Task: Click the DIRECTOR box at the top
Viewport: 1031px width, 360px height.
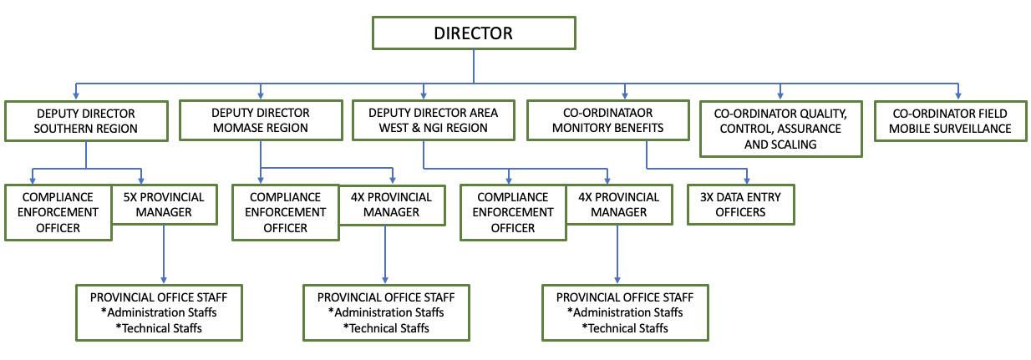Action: tap(474, 33)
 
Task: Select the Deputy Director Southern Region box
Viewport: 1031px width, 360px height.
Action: tap(86, 121)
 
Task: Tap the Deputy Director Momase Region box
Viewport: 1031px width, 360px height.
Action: tap(261, 120)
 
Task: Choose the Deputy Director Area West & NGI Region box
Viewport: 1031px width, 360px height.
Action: tap(433, 120)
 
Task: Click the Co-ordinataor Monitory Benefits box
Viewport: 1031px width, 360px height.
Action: tap(607, 120)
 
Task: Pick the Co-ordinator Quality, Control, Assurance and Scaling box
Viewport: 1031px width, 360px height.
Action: tap(780, 129)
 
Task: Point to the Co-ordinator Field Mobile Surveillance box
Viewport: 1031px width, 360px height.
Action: tap(950, 121)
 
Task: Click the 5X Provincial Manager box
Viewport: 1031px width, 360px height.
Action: tap(164, 205)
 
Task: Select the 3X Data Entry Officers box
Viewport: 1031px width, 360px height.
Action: tap(740, 205)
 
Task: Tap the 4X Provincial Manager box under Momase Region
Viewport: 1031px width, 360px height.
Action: tap(392, 205)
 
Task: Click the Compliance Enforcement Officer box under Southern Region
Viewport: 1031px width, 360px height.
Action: tap(58, 212)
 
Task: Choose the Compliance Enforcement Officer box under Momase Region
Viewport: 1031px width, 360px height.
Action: tap(286, 212)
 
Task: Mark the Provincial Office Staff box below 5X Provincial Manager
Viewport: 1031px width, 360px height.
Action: tap(159, 312)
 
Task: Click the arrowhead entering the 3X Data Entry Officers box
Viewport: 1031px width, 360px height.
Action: tap(747, 181)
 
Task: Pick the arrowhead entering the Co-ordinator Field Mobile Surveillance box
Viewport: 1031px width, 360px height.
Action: tap(957, 95)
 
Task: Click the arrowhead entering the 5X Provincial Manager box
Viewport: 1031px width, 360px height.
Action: tap(141, 181)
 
